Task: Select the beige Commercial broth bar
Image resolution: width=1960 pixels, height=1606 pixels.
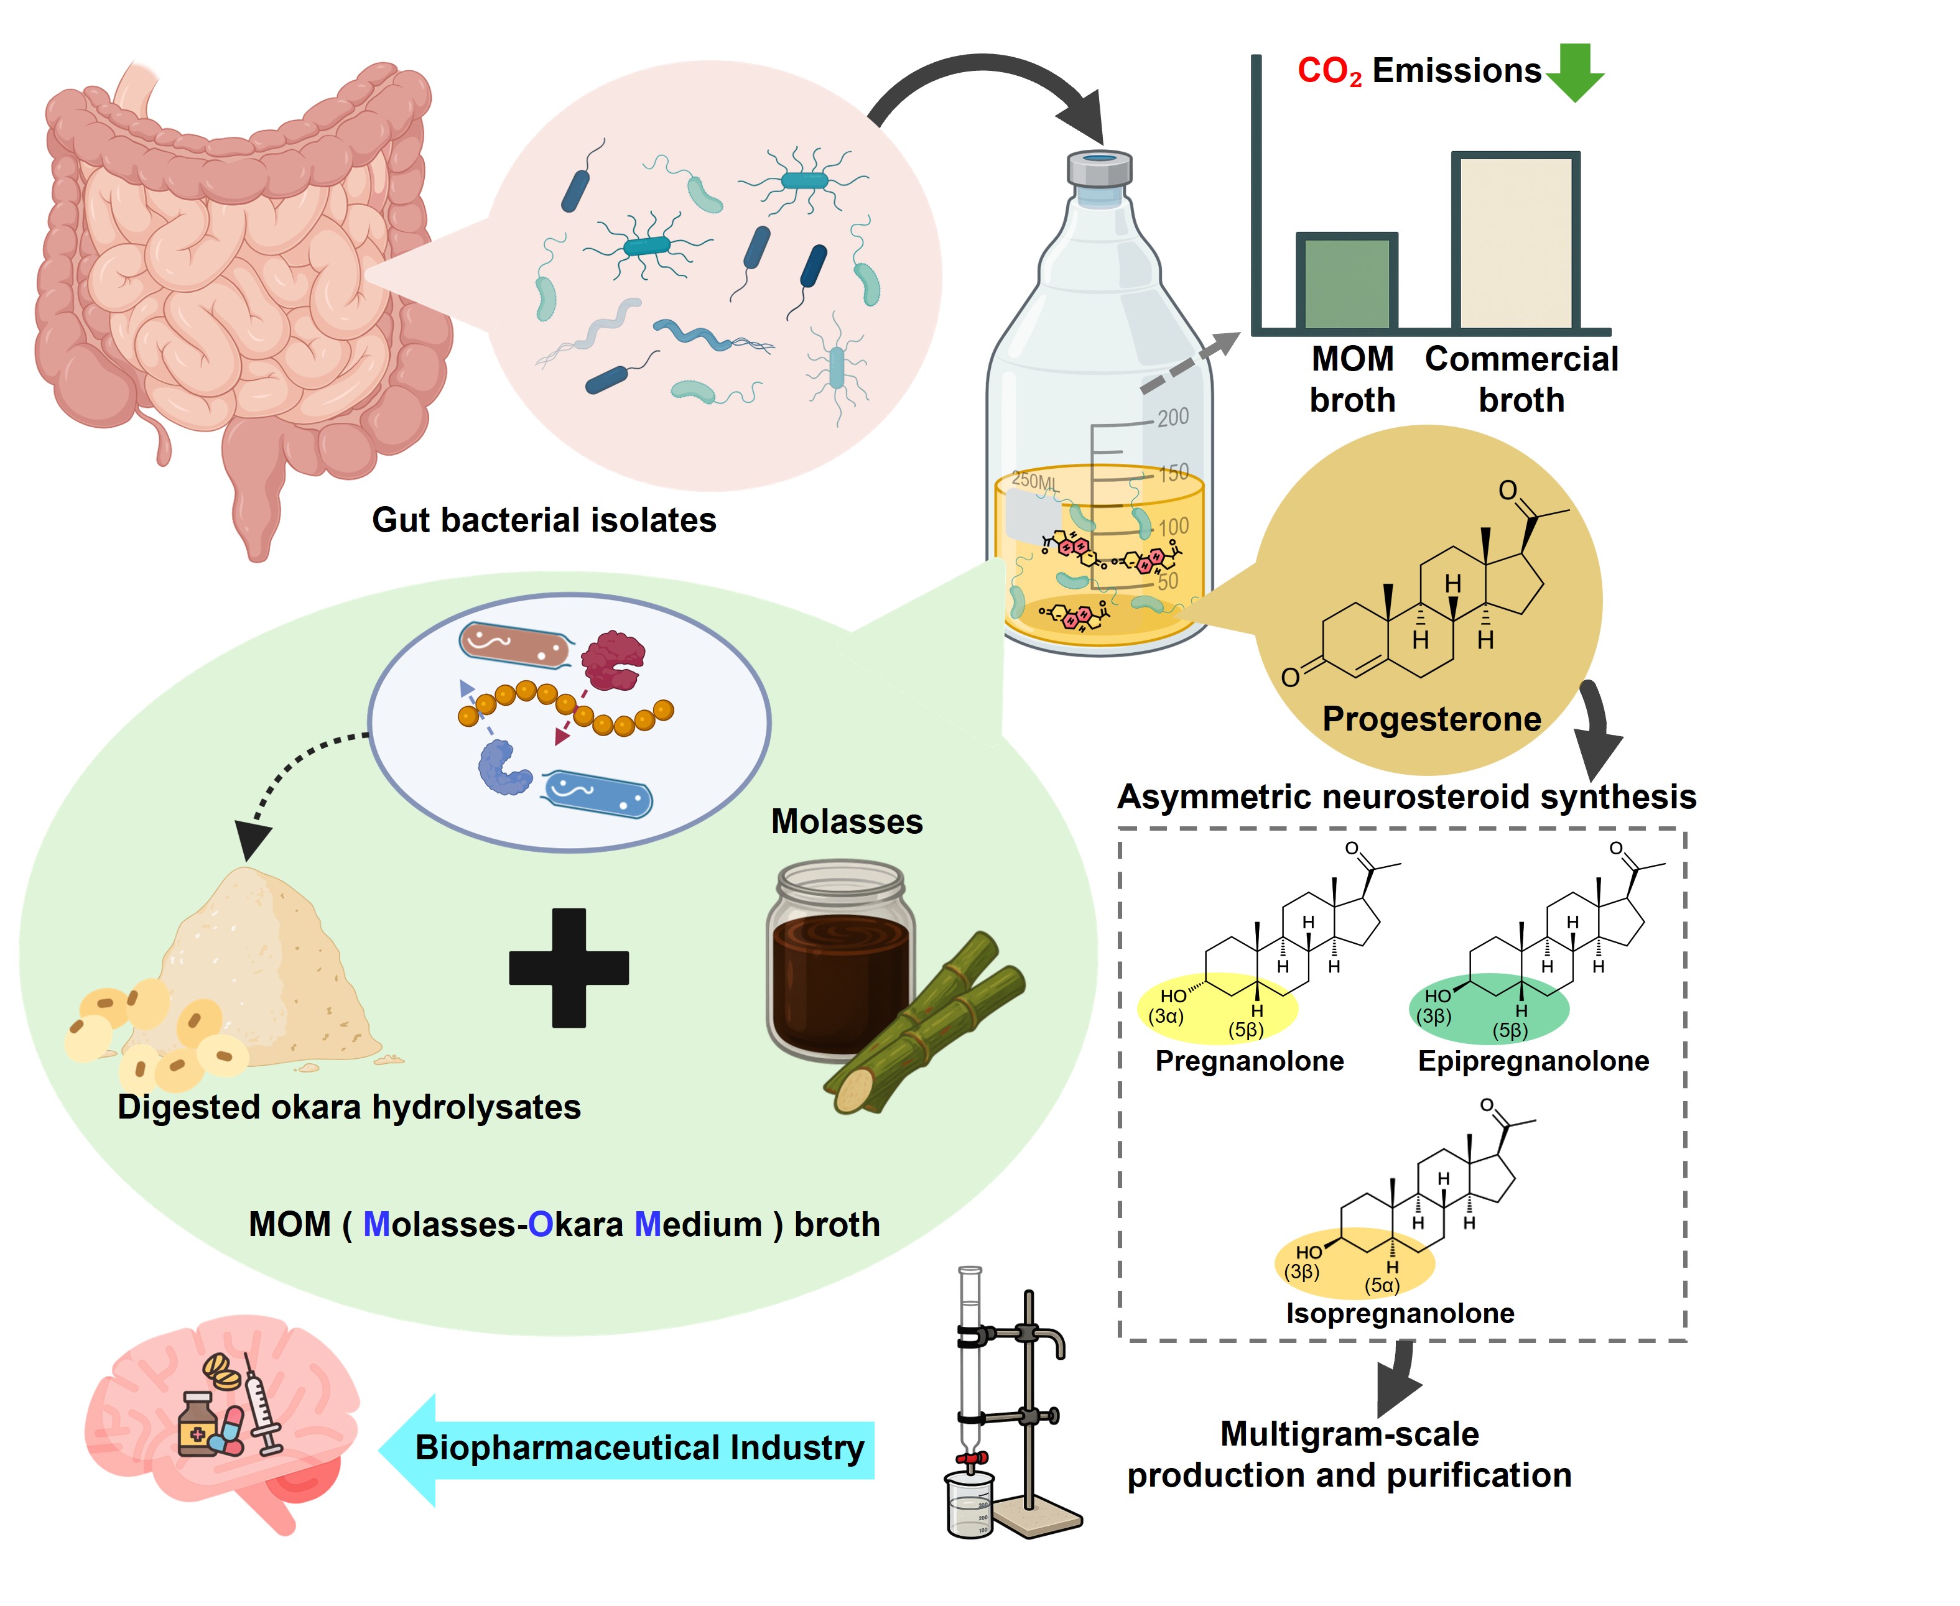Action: pos(1514,242)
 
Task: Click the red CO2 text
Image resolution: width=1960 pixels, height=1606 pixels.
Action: pos(1329,72)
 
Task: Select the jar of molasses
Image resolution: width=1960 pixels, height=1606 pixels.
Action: pos(840,962)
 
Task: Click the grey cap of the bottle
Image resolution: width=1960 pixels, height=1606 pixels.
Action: pos(1098,169)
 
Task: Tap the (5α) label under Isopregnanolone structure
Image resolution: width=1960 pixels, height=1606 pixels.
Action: pos(1382,1285)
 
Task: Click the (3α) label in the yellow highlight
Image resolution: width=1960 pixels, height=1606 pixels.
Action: pos(1166,1016)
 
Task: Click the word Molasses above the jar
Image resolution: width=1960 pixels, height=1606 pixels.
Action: pos(847,821)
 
